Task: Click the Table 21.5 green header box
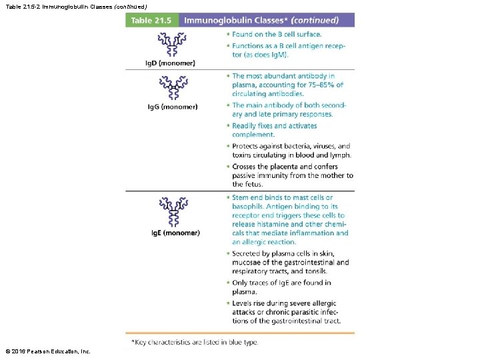click(x=151, y=20)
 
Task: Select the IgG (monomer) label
click(x=172, y=106)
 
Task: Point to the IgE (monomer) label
click(x=173, y=233)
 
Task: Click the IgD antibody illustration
click(x=172, y=45)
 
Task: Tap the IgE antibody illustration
click(x=172, y=212)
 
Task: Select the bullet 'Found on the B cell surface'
click(x=276, y=34)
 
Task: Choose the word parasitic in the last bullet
click(x=300, y=312)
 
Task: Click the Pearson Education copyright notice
click(x=47, y=351)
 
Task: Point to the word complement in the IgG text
click(x=253, y=135)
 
